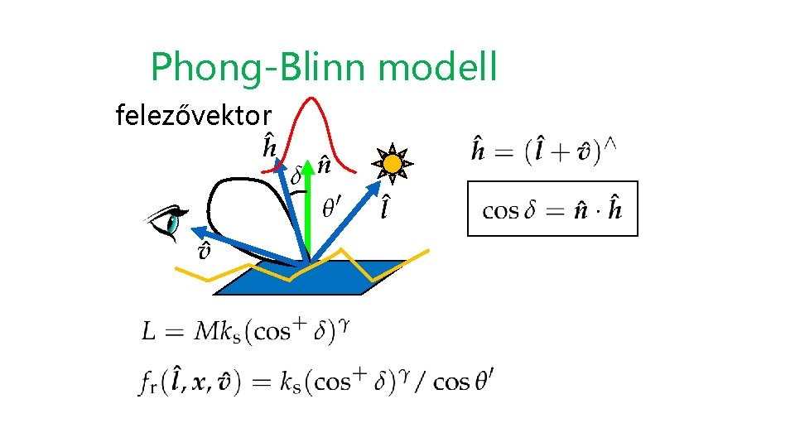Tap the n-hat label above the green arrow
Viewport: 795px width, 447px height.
[325, 166]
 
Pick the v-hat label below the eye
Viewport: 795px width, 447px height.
[203, 252]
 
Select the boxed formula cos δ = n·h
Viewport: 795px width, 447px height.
[552, 209]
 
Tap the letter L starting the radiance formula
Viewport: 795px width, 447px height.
[149, 332]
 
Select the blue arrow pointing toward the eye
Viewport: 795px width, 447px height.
[240, 245]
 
